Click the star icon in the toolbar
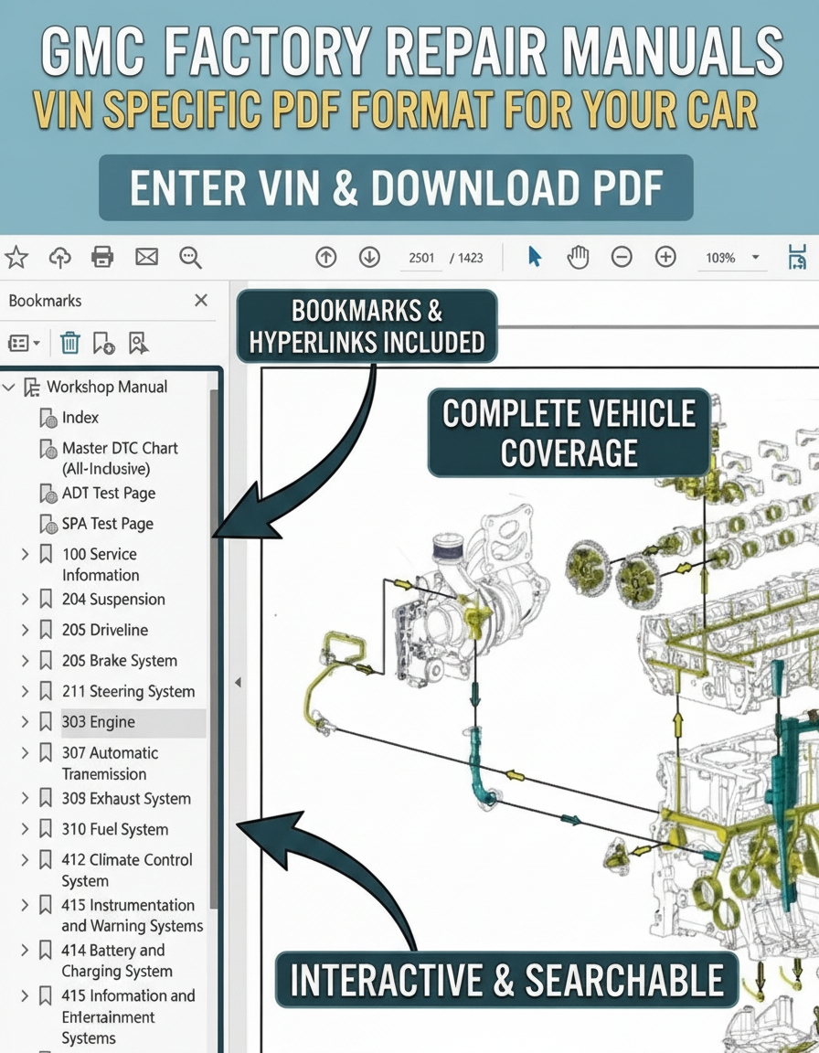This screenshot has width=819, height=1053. click(x=16, y=257)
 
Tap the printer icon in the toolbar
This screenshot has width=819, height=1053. click(x=102, y=257)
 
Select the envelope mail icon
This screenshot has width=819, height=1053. click(x=146, y=257)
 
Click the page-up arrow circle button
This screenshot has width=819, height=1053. click(x=326, y=257)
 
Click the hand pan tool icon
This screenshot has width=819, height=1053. click(x=578, y=257)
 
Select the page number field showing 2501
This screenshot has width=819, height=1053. click(x=421, y=258)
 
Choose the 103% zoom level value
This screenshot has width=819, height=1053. click(x=720, y=258)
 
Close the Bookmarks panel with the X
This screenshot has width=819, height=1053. click(x=201, y=300)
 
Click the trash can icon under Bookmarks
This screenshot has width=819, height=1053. click(x=69, y=343)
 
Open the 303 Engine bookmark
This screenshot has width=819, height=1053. click(x=99, y=722)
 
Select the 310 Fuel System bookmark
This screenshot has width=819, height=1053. click(x=115, y=829)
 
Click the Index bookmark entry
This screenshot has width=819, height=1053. click(x=80, y=418)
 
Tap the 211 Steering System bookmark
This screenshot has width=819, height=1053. click(x=128, y=691)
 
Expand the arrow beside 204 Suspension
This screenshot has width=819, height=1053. click(x=25, y=599)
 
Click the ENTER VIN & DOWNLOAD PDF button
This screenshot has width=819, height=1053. click(x=396, y=188)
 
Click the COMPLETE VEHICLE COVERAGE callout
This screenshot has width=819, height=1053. click(x=569, y=432)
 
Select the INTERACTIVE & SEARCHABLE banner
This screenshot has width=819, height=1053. click(x=506, y=980)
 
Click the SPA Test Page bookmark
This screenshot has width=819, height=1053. click(x=108, y=524)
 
